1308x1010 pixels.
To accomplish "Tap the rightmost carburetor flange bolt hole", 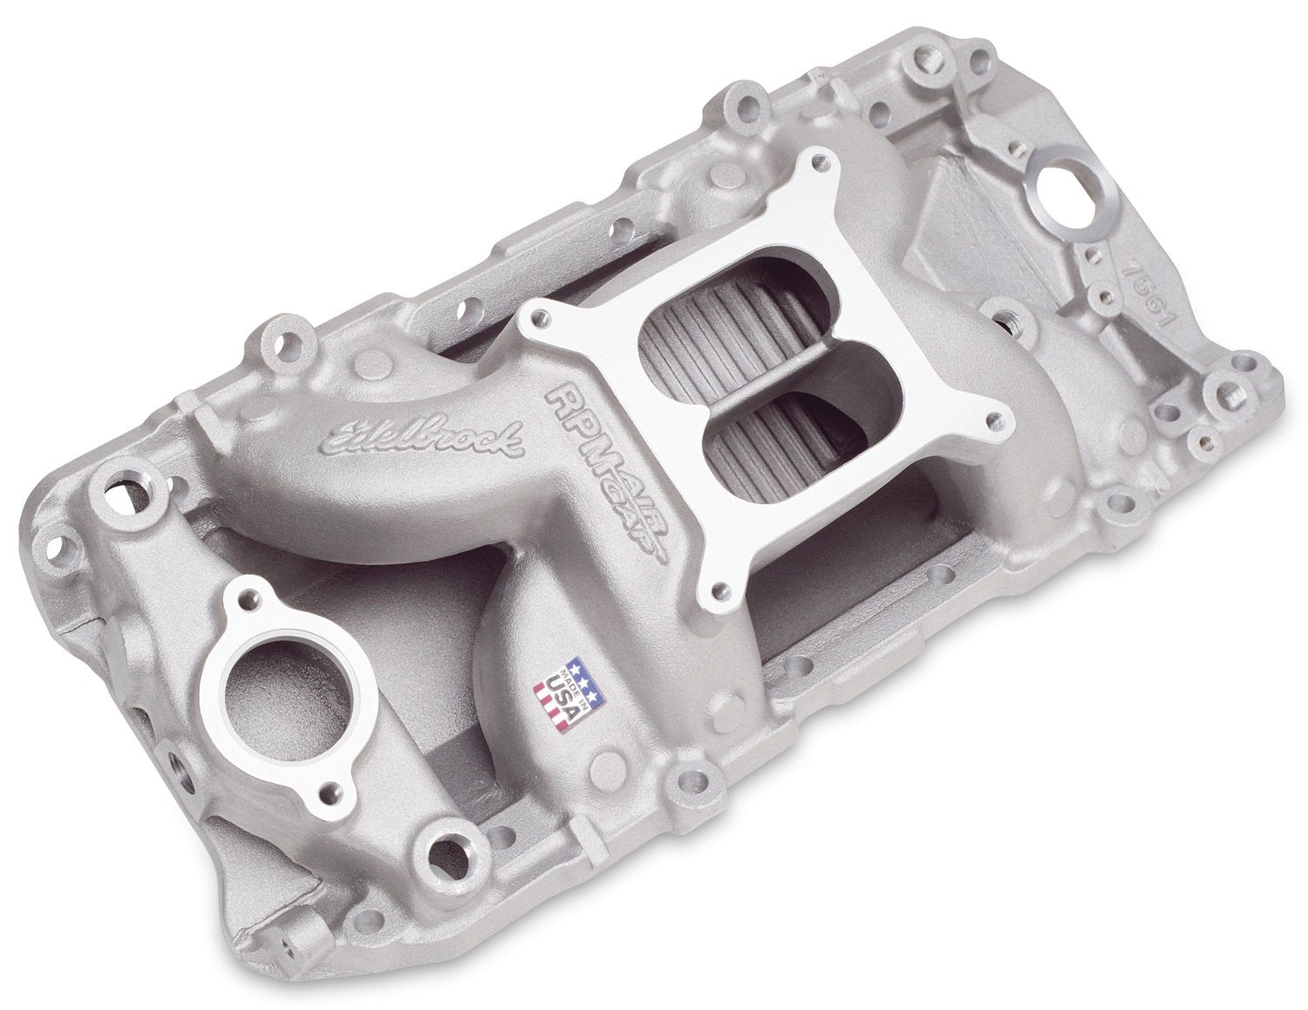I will coord(969,399).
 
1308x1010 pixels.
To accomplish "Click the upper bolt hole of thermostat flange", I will coord(252,597).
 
